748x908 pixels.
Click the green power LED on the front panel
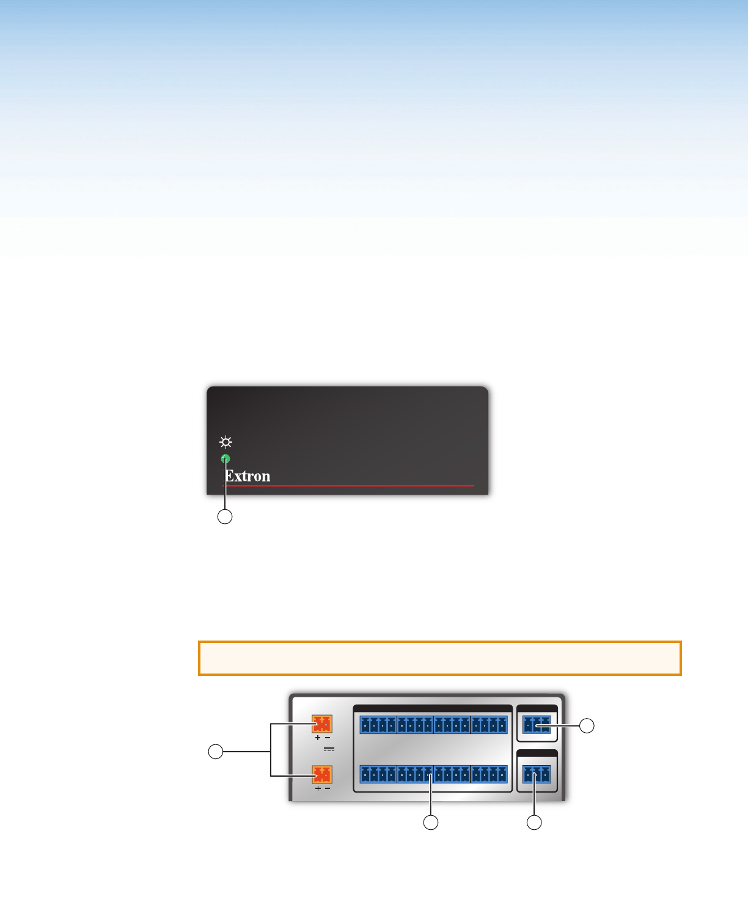tap(226, 459)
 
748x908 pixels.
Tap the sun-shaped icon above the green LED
tap(226, 442)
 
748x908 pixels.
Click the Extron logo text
tap(248, 476)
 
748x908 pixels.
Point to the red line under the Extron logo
tap(348, 486)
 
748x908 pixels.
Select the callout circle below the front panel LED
tap(226, 517)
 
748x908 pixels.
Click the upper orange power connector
tap(322, 725)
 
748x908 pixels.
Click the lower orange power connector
tap(322, 774)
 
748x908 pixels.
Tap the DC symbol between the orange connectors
tap(329, 749)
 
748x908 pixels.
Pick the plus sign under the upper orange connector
tap(317, 738)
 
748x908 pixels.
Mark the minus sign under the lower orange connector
tap(328, 788)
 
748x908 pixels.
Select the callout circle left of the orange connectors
tap(216, 752)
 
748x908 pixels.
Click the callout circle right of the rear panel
tap(587, 725)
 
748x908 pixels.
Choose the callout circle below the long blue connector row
tap(431, 823)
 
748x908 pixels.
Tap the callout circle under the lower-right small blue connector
tap(534, 823)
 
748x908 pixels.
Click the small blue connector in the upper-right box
tap(537, 725)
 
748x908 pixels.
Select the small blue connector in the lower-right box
tap(537, 775)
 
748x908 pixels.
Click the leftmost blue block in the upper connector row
tap(378, 725)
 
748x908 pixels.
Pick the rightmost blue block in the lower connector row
tap(489, 774)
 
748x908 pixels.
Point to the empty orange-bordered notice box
tap(439, 658)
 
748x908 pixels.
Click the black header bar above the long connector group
tap(433, 708)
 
